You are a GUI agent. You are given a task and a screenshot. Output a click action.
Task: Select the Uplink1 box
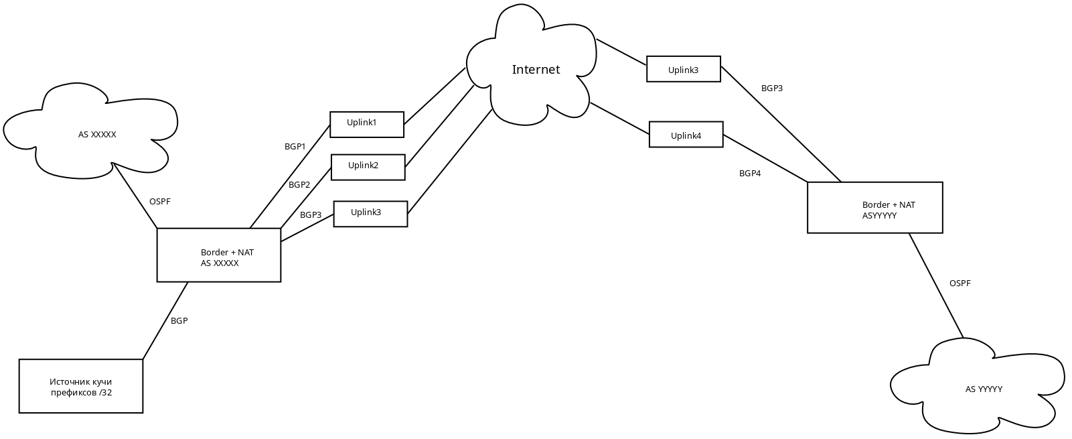[x=367, y=125]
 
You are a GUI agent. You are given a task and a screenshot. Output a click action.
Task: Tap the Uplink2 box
[x=368, y=168]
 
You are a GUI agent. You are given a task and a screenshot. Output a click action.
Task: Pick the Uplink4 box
[x=686, y=135]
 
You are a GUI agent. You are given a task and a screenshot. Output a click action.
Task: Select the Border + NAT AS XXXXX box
[x=219, y=255]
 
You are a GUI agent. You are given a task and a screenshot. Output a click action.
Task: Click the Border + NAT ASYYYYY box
[x=875, y=208]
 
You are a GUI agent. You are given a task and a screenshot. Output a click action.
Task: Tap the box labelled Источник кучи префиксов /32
[x=81, y=386]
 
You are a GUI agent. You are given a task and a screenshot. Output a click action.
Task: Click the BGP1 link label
[x=295, y=146]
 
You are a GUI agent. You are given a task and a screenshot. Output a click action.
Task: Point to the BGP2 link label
[x=299, y=185]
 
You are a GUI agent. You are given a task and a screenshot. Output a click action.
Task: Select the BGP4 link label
[x=750, y=174]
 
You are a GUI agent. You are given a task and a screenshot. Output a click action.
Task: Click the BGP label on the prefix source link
[x=179, y=321]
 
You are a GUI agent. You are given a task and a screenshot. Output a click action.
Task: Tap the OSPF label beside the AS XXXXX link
[x=160, y=202]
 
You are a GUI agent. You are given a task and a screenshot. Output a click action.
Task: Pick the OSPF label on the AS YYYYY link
[x=960, y=284]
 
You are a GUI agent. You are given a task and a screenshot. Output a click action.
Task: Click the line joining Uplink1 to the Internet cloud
[x=435, y=96]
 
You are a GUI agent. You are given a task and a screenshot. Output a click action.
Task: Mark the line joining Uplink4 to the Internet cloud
[x=619, y=118]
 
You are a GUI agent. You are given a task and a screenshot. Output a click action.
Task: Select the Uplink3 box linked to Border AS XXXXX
[x=370, y=214]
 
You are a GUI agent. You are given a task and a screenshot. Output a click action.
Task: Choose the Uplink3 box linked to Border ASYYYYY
[x=684, y=69]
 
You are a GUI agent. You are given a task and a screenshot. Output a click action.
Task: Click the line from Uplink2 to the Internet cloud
[x=440, y=125]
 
